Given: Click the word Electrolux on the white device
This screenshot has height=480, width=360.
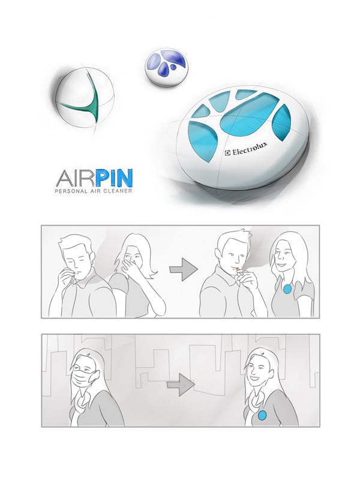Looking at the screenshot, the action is (x=250, y=149).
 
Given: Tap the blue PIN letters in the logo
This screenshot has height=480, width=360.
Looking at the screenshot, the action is (x=115, y=178).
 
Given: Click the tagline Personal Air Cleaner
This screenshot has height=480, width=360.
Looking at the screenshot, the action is (x=94, y=191).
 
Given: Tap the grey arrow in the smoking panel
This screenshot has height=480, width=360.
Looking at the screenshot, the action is (x=184, y=269).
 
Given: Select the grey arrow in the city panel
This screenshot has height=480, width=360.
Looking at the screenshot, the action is (x=181, y=385).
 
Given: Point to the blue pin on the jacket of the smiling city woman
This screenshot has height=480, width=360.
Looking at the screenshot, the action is (x=262, y=415).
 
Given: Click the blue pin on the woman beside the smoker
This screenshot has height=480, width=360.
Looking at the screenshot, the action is (x=287, y=289).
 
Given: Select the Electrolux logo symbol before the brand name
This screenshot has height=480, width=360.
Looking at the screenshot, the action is (x=227, y=154).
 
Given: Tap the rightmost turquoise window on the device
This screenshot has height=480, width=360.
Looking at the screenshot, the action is (x=280, y=122).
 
